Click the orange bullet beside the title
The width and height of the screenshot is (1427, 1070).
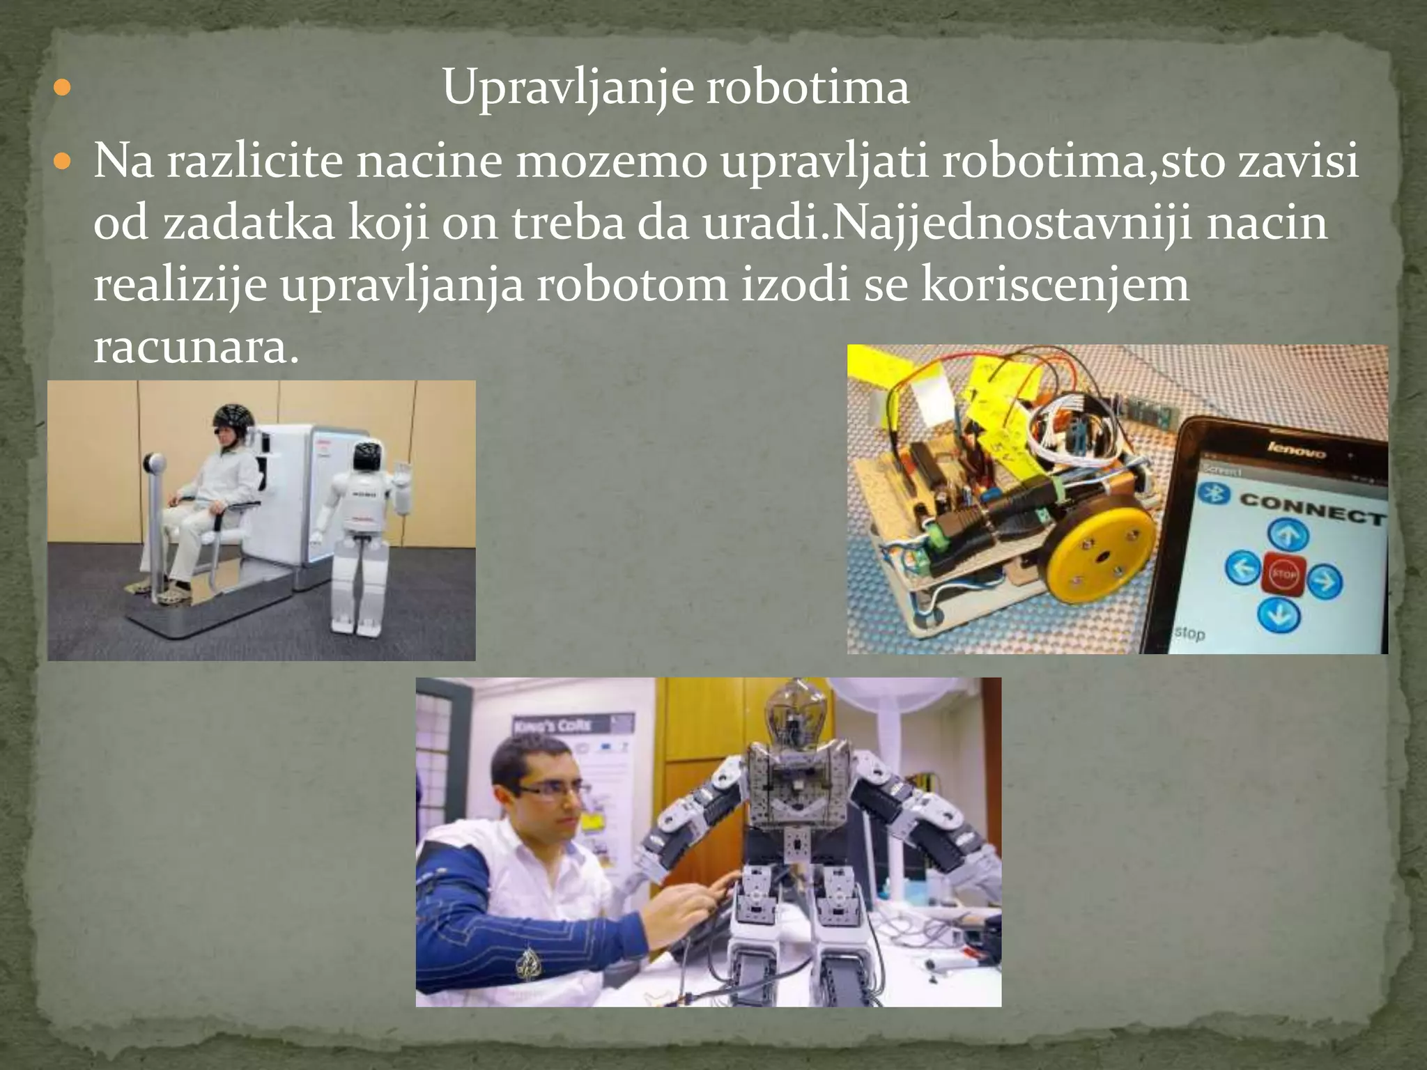[x=62, y=89]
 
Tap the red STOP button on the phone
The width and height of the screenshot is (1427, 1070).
[x=1283, y=575]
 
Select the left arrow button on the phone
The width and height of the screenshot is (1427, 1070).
[x=1242, y=568]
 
